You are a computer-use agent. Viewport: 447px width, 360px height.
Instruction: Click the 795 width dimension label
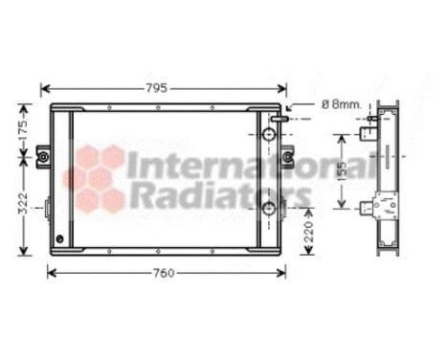(155, 87)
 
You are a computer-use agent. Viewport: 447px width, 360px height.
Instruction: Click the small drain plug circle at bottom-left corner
(60, 236)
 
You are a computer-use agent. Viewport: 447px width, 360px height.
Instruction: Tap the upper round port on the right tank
(269, 135)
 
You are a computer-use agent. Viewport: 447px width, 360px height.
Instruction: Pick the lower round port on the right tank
(269, 209)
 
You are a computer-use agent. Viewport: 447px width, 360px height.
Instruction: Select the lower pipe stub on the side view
(369, 206)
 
